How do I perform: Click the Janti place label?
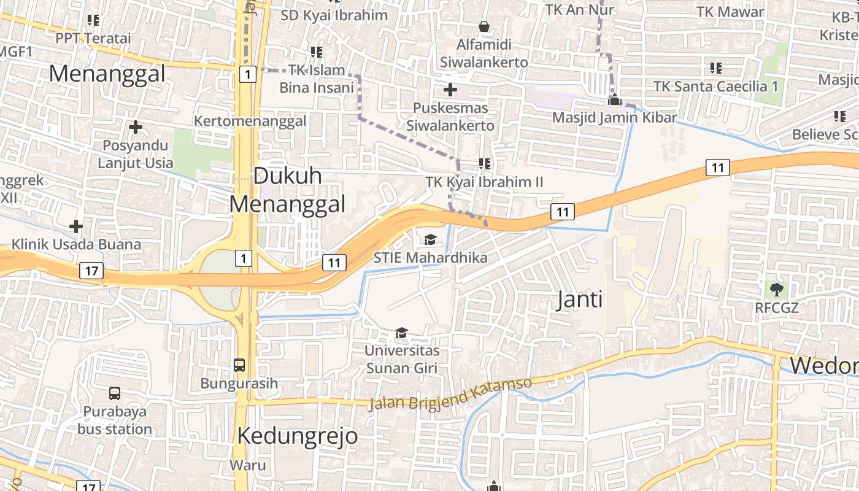pyautogui.click(x=579, y=300)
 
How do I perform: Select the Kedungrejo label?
pyautogui.click(x=297, y=436)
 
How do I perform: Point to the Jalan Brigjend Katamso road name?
pyautogui.click(x=450, y=394)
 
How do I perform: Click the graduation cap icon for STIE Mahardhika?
pyautogui.click(x=430, y=239)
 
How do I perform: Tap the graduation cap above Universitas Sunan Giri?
pyautogui.click(x=401, y=333)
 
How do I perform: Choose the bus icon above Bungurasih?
pyautogui.click(x=239, y=365)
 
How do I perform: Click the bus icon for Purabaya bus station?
pyautogui.click(x=115, y=393)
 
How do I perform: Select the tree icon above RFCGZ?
pyautogui.click(x=776, y=288)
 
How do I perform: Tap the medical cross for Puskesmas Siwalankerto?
pyautogui.click(x=450, y=90)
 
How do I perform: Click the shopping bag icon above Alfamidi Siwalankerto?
pyautogui.click(x=484, y=26)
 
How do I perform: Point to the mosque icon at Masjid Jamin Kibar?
pyautogui.click(x=614, y=99)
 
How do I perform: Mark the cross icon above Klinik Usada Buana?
pyautogui.click(x=76, y=226)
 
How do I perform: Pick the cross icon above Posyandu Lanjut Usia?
pyautogui.click(x=136, y=127)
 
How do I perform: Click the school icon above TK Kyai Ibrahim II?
pyautogui.click(x=485, y=164)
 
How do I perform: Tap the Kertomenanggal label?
pyautogui.click(x=250, y=121)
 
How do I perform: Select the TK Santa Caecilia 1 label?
pyautogui.click(x=715, y=86)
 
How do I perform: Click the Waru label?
pyautogui.click(x=248, y=465)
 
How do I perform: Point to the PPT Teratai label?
pyautogui.click(x=93, y=38)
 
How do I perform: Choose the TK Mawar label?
pyautogui.click(x=730, y=12)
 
